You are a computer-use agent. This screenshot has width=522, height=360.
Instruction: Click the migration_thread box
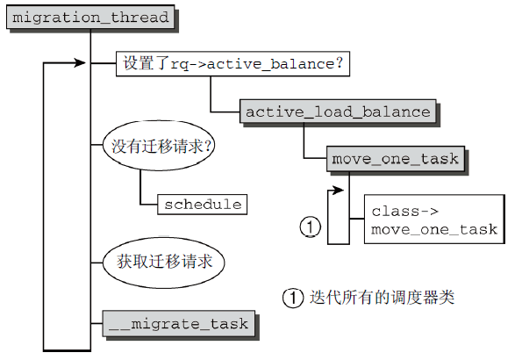tap(90, 18)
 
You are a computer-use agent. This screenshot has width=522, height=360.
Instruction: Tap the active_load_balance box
tap(338, 112)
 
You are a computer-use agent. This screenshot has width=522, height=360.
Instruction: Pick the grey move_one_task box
tap(396, 159)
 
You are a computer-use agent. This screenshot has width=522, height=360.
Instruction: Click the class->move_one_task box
tap(434, 220)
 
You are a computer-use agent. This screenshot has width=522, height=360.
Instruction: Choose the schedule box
tap(203, 205)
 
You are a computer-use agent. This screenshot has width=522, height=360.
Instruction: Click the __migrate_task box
tap(179, 324)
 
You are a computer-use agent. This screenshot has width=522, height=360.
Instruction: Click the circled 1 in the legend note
tap(293, 298)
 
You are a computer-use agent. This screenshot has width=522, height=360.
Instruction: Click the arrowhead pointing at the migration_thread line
tap(81, 63)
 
